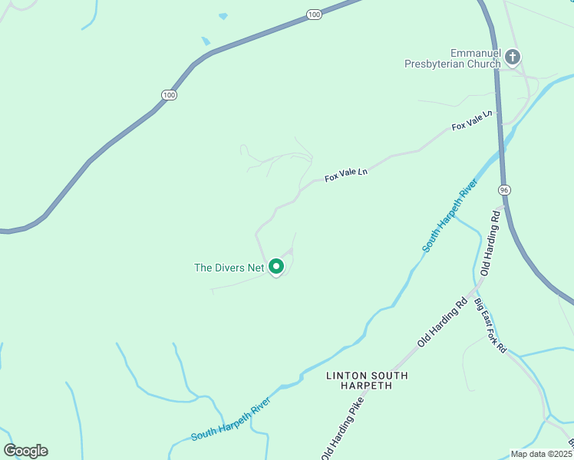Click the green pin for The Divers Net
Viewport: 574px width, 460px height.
tap(276, 267)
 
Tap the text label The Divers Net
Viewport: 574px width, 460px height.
tap(229, 268)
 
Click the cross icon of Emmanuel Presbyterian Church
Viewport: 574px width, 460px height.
tap(513, 56)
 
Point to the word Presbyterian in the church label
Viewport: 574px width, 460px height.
tap(441, 64)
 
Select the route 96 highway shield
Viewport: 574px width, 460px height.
tap(503, 189)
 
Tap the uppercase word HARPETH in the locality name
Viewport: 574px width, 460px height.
tap(367, 386)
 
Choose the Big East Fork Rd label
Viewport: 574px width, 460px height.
tap(490, 325)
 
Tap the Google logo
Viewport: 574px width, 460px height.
tap(25, 451)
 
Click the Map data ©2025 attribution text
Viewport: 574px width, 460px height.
tap(541, 454)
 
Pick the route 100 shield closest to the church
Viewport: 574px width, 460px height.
tap(313, 15)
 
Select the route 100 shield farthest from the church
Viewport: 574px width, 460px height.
tap(169, 94)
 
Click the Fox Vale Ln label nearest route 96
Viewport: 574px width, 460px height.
tap(473, 120)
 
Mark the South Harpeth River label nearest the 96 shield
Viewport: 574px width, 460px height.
tap(450, 217)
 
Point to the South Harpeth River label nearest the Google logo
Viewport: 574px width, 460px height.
tap(230, 419)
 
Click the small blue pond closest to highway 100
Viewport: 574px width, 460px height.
tap(205, 41)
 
